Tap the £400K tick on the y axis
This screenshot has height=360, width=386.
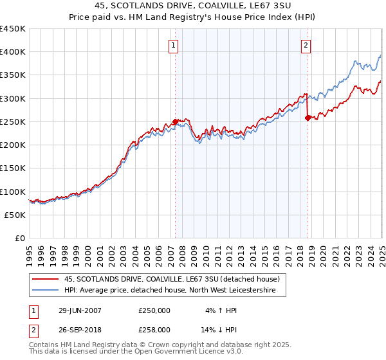click(x=13, y=52)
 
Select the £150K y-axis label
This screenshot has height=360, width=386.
click(x=13, y=168)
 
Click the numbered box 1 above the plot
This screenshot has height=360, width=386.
click(x=174, y=45)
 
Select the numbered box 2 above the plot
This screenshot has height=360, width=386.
click(x=306, y=45)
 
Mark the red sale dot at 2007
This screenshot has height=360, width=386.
click(x=175, y=122)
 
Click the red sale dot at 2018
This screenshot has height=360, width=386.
click(x=308, y=118)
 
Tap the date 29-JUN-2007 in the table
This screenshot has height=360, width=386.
click(x=80, y=310)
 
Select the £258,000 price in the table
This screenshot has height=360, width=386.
click(x=154, y=328)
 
